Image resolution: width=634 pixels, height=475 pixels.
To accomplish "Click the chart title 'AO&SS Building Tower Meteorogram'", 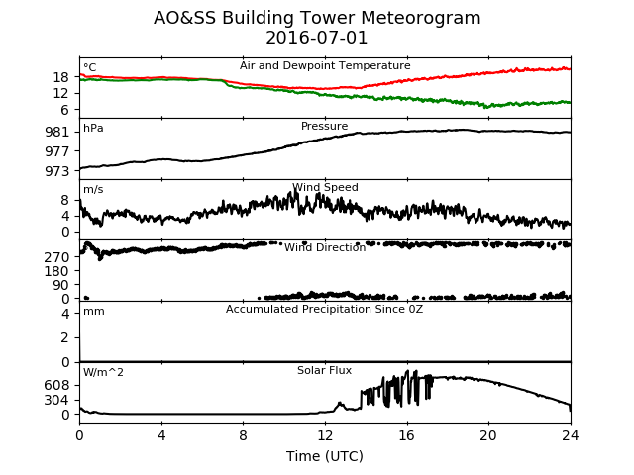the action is [317, 19].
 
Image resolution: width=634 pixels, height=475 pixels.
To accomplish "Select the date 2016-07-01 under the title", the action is [317, 38].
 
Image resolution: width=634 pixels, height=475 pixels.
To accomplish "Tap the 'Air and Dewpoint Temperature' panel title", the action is [325, 66].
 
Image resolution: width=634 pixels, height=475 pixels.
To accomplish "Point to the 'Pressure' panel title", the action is [324, 126].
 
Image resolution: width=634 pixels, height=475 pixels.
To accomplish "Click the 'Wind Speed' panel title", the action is [325, 187].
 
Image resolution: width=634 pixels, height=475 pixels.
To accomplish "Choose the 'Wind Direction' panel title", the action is [325, 247].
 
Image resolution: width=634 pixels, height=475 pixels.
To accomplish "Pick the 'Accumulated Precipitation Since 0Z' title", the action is [324, 310].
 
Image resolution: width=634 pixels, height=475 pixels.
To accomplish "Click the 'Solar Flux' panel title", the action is [324, 370].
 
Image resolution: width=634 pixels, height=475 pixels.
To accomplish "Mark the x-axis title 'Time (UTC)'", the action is [325, 456].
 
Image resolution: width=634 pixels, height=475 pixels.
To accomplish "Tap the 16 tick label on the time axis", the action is [407, 435].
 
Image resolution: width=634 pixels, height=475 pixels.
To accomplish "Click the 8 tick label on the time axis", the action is [243, 435].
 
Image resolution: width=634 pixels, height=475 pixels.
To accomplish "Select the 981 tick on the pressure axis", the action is [57, 132].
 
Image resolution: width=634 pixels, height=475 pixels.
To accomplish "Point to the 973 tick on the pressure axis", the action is [57, 171].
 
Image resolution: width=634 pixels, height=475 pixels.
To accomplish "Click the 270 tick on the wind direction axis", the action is [57, 257].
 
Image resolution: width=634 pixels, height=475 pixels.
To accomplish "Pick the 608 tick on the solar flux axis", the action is [57, 385].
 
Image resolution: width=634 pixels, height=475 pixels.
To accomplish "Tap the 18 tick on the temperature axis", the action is [61, 77].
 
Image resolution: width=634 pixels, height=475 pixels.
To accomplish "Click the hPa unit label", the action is [93, 128].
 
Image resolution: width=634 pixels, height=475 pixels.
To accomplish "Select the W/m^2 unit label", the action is [103, 372].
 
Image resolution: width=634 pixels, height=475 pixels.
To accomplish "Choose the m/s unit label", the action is [93, 189].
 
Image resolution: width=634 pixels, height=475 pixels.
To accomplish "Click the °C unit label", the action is [90, 67].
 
